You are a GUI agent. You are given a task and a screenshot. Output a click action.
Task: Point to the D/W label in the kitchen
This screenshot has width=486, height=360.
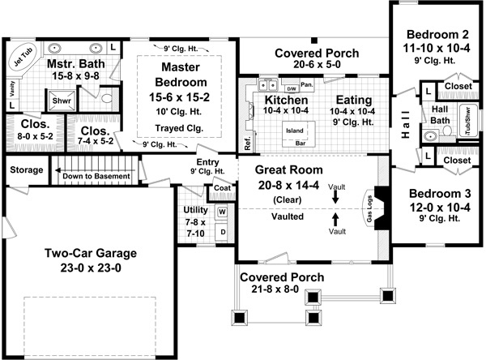[292, 87]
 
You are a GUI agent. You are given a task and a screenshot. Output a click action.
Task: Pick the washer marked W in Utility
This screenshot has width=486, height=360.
[222, 212]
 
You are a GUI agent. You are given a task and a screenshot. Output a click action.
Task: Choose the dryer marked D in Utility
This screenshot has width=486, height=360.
[222, 231]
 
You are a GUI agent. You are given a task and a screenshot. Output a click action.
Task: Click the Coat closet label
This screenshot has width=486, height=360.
[222, 188]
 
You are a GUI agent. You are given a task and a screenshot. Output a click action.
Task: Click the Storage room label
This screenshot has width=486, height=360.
[25, 170]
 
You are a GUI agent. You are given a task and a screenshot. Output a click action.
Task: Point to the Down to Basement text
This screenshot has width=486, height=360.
[96, 176]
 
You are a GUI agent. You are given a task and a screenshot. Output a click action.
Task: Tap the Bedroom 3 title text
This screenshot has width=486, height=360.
[437, 194]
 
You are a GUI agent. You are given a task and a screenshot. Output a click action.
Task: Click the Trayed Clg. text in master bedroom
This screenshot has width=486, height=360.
[180, 128]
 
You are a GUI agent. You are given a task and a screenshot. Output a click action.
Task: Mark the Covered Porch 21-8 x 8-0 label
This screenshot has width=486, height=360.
[281, 277]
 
